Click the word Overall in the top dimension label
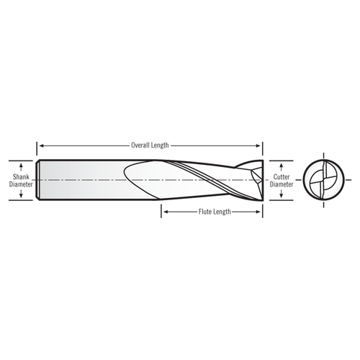point(140,145)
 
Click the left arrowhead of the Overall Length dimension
point(40,145)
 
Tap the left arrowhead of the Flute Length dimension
point(163,212)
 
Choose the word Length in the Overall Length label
point(160,145)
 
